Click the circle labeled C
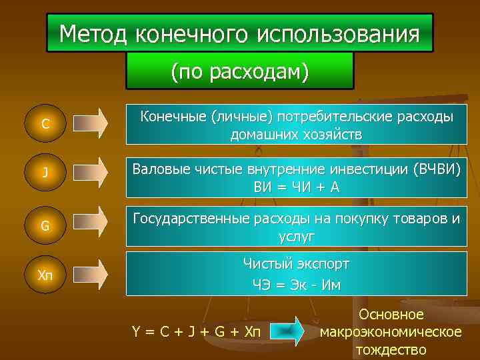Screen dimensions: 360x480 (45, 123)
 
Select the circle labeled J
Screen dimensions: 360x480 (45, 173)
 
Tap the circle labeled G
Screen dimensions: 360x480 (45, 225)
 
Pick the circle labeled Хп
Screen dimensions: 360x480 (45, 275)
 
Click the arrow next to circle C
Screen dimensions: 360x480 (90, 123)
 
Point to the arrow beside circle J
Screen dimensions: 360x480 (90, 173)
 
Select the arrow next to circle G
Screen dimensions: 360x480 (90, 223)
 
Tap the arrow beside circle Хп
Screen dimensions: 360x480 (90, 275)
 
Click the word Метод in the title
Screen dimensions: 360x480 (93, 33)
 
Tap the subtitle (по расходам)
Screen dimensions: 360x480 (240, 71)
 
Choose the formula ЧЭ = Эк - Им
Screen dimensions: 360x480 (297, 285)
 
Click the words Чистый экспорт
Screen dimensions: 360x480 (297, 264)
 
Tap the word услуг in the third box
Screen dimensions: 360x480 (297, 236)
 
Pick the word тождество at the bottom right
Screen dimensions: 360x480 (391, 349)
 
